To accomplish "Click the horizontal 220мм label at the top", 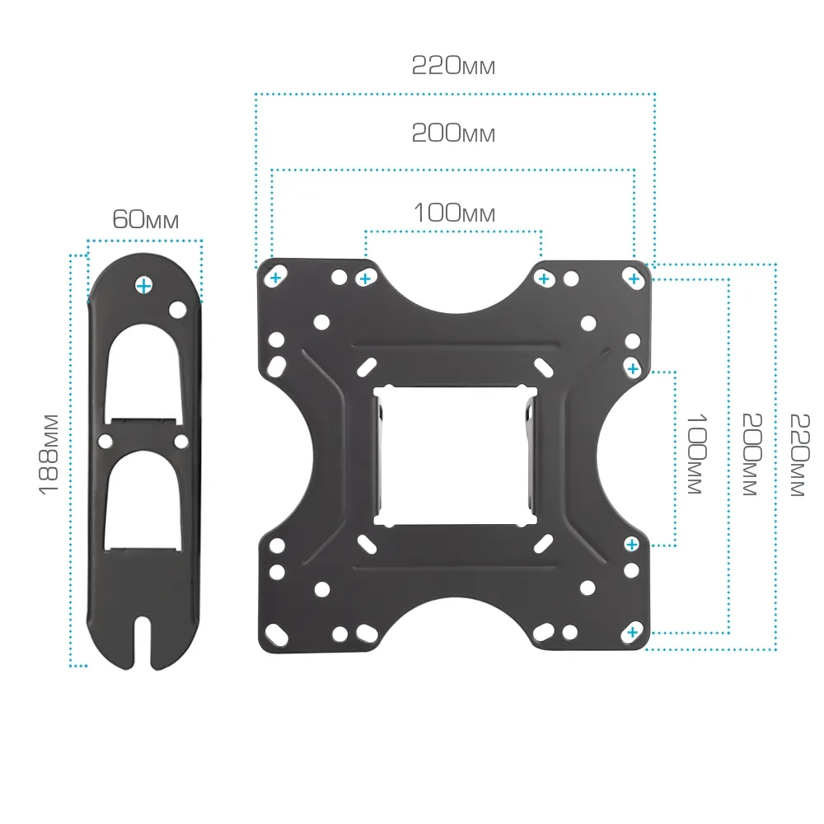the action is (x=453, y=66).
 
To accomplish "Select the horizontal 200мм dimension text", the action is (x=453, y=133).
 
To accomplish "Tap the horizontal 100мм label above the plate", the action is (x=455, y=213).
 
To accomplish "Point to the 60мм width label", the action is (x=146, y=219).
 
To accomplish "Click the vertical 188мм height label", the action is (x=49, y=455).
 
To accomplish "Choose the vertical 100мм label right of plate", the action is (x=697, y=454).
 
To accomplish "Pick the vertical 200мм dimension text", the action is (x=752, y=455).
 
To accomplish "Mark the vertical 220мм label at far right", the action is (x=800, y=455).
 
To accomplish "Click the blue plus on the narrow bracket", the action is (x=143, y=286).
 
